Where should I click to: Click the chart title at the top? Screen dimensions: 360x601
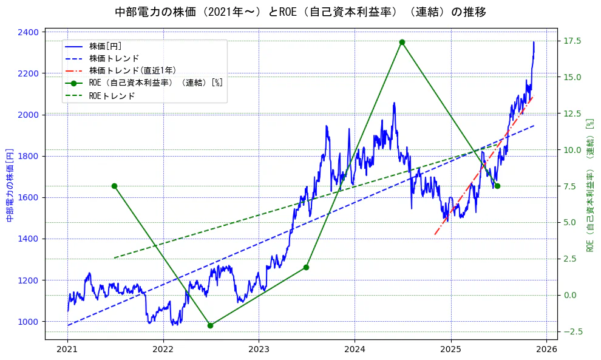(x=300, y=12)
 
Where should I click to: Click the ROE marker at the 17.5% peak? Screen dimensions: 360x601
(x=402, y=42)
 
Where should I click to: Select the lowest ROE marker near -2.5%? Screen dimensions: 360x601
(x=210, y=325)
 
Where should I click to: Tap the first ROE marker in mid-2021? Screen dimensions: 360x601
(x=114, y=186)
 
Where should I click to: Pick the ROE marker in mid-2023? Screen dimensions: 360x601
(x=306, y=267)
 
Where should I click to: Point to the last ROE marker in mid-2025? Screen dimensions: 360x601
(x=497, y=186)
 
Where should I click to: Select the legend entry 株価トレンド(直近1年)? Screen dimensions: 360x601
(x=132, y=70)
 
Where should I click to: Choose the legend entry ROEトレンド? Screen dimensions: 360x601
(x=115, y=95)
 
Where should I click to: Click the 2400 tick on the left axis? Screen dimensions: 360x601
(x=31, y=32)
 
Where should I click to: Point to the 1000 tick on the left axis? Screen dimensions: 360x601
(x=31, y=322)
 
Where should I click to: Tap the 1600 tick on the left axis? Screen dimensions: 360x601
(x=31, y=197)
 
